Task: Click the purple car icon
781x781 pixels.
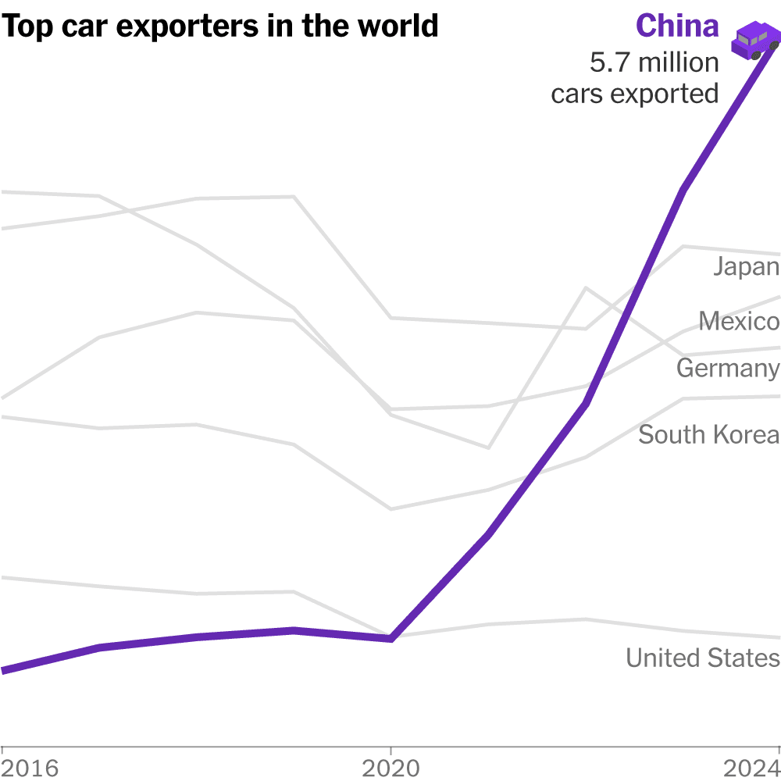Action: coord(754,40)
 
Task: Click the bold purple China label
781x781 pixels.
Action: coord(677,27)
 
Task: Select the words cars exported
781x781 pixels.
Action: coord(634,94)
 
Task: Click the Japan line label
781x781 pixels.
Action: coord(746,267)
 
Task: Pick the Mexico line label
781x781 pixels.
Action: coord(739,321)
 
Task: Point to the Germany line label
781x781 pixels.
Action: coord(728,368)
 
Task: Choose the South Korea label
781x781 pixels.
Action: coord(708,434)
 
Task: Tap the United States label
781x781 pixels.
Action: coord(702,658)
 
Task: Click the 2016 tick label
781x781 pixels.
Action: coord(30,769)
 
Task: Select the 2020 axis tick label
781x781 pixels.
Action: coord(391,769)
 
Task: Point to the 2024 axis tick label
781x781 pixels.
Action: coord(751,769)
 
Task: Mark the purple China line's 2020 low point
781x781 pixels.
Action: coord(391,639)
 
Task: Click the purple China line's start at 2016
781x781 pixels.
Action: coord(5,670)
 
